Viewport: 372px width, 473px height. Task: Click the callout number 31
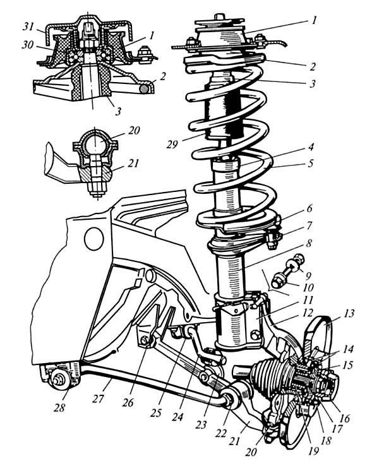click(28, 27)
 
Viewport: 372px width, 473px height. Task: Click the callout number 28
click(59, 408)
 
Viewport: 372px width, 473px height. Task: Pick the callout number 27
click(98, 398)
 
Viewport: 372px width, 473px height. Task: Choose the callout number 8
click(309, 243)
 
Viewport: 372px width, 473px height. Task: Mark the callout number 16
click(344, 418)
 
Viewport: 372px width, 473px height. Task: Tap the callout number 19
click(313, 451)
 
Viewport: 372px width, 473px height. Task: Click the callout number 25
click(155, 412)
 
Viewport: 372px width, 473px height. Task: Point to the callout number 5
click(310, 163)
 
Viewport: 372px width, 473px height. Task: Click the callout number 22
click(220, 433)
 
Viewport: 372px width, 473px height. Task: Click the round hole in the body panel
click(94, 238)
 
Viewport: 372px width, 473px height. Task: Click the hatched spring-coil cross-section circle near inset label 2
click(145, 88)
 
